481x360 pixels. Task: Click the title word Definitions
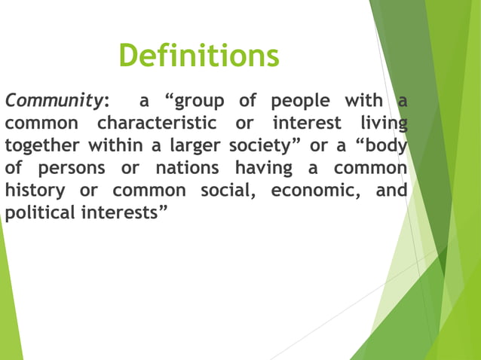tap(199, 55)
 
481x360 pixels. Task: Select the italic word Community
tap(54, 101)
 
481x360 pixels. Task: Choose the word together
tap(43, 145)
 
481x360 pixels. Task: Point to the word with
tap(363, 100)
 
